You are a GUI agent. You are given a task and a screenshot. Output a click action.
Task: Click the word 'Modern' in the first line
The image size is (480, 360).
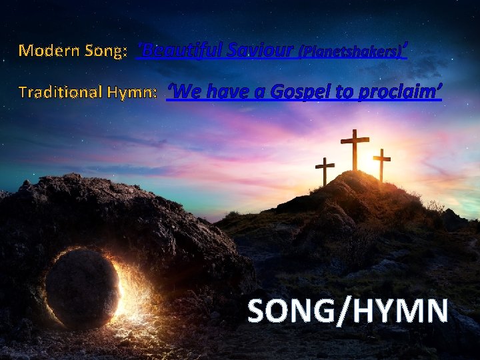tap(48, 51)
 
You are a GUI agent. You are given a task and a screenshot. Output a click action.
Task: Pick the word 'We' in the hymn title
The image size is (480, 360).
tap(183, 91)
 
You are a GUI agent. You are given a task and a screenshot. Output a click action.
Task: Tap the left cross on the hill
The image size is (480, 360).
tap(325, 171)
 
